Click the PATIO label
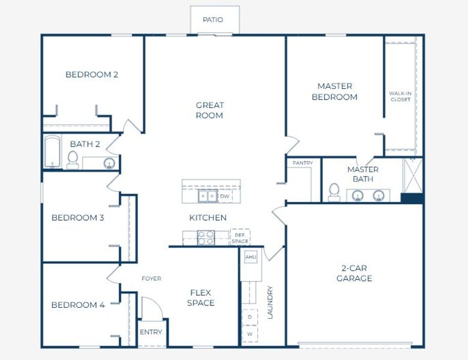click(213, 20)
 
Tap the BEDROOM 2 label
click(92, 75)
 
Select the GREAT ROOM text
click(209, 110)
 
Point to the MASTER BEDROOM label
click(334, 91)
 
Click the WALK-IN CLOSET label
click(400, 96)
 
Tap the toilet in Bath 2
click(73, 160)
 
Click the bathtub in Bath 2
click(52, 152)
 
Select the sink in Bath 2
click(110, 163)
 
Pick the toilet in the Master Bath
click(334, 192)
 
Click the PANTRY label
click(303, 163)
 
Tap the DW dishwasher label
click(224, 196)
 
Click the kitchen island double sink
click(208, 196)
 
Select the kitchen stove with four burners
click(206, 238)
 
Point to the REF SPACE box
click(240, 238)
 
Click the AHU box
click(251, 257)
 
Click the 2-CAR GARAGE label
click(354, 274)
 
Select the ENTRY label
click(151, 332)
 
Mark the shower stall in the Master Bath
click(413, 175)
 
